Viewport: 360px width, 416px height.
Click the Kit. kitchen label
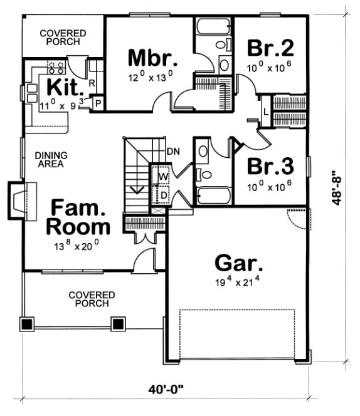click(61, 86)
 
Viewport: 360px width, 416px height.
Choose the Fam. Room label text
click(80, 216)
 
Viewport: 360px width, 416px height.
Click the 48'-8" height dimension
click(339, 187)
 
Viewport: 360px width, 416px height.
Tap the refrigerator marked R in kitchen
click(92, 82)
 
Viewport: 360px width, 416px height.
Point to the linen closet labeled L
click(265, 112)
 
